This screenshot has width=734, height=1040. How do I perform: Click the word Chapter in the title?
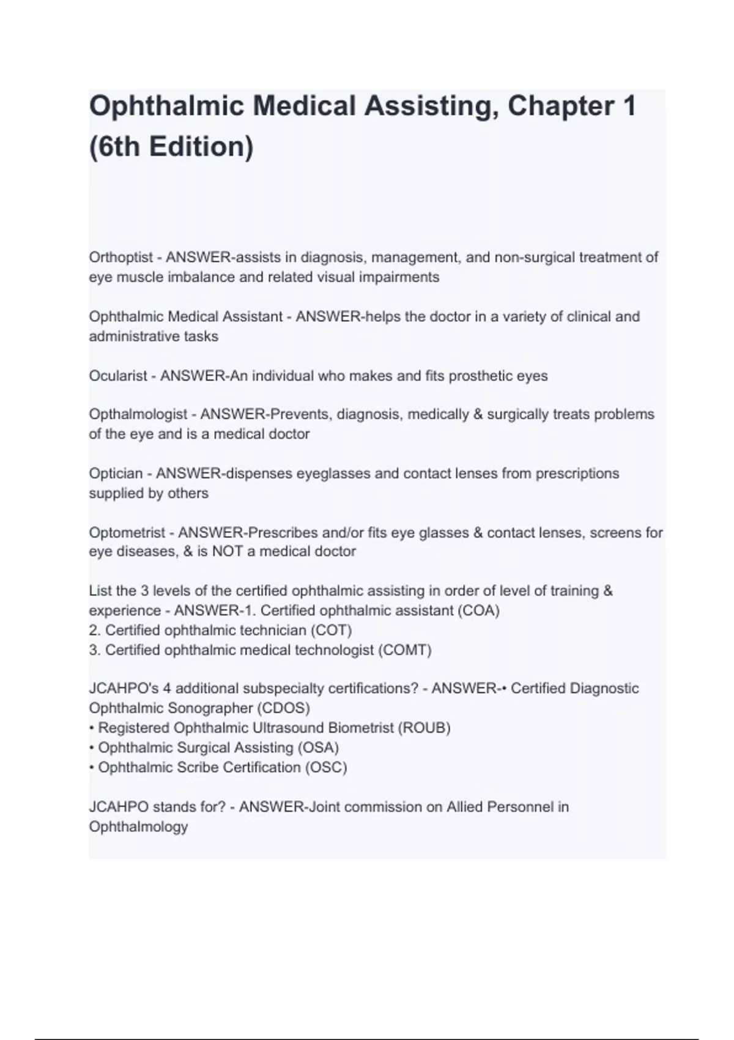(x=559, y=106)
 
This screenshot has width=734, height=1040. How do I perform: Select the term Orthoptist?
(x=120, y=258)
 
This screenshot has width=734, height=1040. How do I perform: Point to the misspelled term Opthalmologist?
(x=138, y=414)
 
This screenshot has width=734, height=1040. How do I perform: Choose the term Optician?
(x=116, y=474)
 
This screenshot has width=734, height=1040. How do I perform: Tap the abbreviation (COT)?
(x=331, y=630)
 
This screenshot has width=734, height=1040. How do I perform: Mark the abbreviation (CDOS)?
(x=283, y=708)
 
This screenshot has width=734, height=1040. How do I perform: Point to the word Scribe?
(x=198, y=767)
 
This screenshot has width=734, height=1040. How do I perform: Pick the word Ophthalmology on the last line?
(x=138, y=827)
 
